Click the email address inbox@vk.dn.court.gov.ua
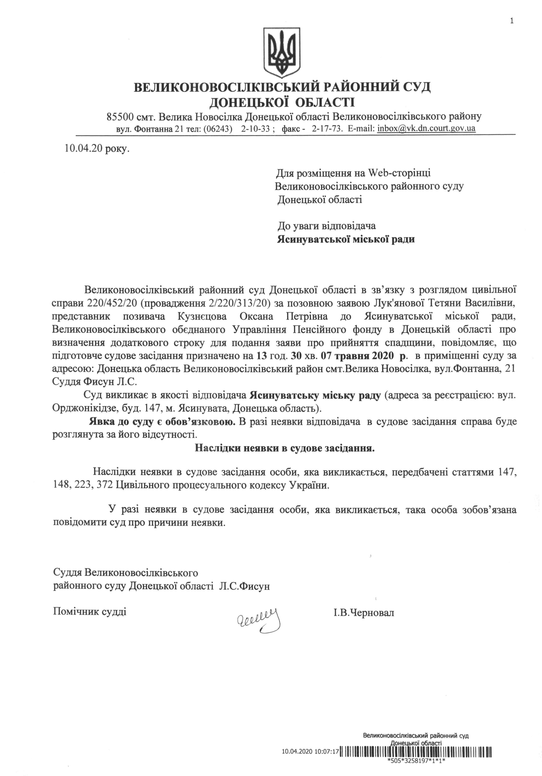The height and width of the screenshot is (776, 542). click(x=426, y=129)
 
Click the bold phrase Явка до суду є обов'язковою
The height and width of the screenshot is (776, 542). click(x=162, y=422)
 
